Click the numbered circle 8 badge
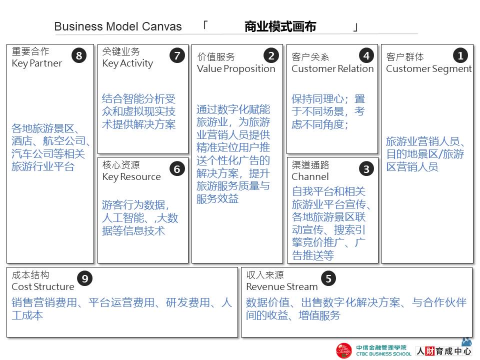coord(79,55)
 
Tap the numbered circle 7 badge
coord(177,55)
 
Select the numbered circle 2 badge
coord(271,55)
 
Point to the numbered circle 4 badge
coord(366,55)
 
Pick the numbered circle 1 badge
coord(460,55)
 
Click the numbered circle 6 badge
coord(177,169)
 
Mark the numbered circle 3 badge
coord(366,169)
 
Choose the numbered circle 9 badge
coord(84,278)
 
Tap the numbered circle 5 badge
coord(328,278)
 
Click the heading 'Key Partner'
coord(37,63)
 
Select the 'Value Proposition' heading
coord(236,69)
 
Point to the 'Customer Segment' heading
coord(429,69)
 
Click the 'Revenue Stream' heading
coord(282,287)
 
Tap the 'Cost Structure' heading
coord(43,287)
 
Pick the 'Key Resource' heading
coord(131,177)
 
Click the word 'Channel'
coord(310,177)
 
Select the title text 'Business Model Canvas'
coord(118,27)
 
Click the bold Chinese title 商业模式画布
coord(280,27)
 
